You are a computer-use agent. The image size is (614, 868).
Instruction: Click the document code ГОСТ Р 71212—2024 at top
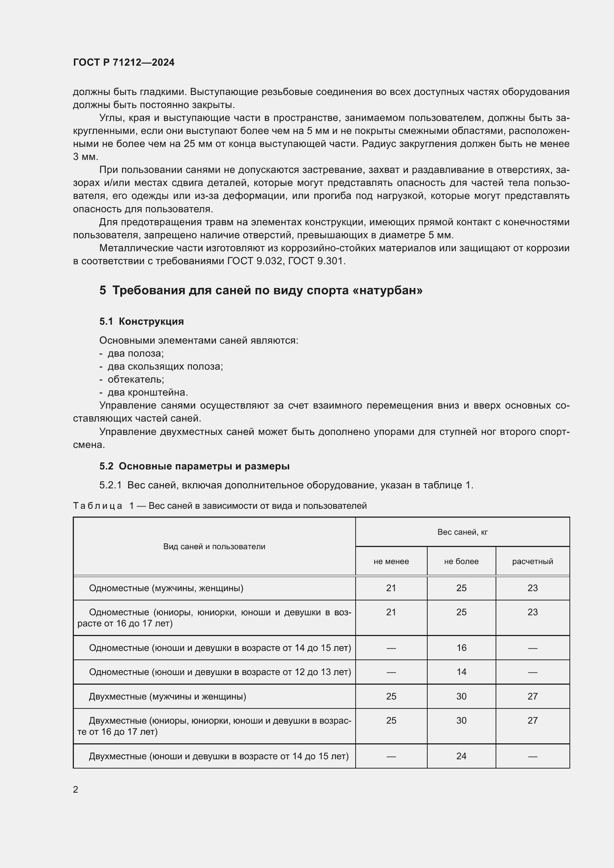click(x=124, y=62)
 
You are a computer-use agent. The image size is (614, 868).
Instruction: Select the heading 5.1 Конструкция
click(x=141, y=321)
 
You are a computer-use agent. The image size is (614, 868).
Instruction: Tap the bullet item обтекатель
click(x=135, y=379)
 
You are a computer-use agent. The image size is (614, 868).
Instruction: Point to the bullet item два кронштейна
click(x=147, y=392)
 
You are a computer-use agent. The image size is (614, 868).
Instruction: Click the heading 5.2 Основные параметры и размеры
click(x=194, y=466)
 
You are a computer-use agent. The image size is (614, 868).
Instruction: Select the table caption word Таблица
click(x=98, y=506)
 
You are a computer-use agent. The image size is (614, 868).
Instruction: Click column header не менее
click(x=391, y=561)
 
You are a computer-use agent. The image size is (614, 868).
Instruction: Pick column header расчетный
click(x=532, y=561)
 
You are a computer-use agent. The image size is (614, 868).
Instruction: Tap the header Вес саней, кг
click(x=462, y=532)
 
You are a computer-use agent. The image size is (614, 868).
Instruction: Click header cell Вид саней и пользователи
click(x=214, y=547)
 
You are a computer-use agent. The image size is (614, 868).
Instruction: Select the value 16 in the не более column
click(x=461, y=648)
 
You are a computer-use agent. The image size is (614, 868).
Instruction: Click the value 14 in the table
click(x=461, y=672)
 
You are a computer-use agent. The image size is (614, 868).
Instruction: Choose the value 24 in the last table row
click(x=461, y=756)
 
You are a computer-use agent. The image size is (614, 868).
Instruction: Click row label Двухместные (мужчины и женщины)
click(x=167, y=696)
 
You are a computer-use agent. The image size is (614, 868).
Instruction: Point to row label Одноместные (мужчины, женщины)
click(x=166, y=588)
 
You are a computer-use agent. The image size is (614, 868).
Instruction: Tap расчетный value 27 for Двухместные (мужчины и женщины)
click(x=532, y=696)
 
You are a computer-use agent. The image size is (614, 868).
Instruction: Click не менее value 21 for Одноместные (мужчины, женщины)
click(x=391, y=588)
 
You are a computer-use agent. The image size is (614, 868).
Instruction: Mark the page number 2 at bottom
click(x=76, y=790)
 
